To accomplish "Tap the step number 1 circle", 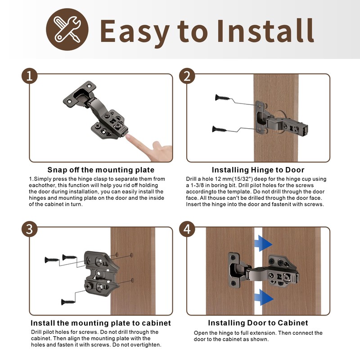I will [30, 76].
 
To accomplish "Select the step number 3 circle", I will [30, 229].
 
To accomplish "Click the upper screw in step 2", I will [223, 97].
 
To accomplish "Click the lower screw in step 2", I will [219, 130].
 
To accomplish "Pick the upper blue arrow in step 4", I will [263, 243].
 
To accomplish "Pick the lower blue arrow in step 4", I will [263, 297].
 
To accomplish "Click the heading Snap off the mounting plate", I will [101, 170].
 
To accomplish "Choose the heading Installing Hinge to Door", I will [258, 170].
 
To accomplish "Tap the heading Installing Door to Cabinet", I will [258, 323].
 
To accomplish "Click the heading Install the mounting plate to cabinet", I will [101, 323].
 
